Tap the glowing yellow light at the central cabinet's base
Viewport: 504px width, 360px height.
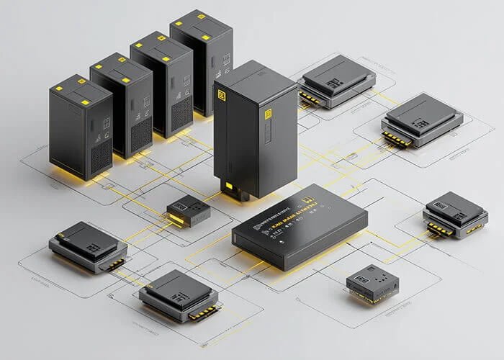click(230, 189)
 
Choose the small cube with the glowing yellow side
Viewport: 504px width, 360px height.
click(188, 210)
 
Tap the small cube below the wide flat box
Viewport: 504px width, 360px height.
click(372, 283)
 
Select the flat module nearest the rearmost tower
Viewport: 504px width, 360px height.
click(336, 81)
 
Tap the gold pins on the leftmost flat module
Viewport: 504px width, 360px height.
click(115, 264)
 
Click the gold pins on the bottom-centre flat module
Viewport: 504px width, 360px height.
click(204, 312)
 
